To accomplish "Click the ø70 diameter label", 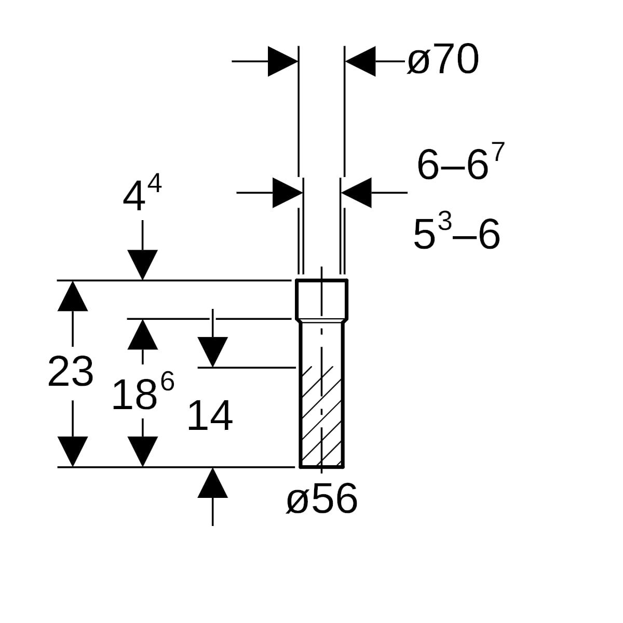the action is [x=443, y=59].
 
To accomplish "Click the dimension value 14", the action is [x=210, y=415].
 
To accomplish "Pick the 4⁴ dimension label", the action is [x=142, y=192].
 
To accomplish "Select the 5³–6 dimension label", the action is [x=456, y=231].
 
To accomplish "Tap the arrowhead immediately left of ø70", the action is [x=360, y=61].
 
